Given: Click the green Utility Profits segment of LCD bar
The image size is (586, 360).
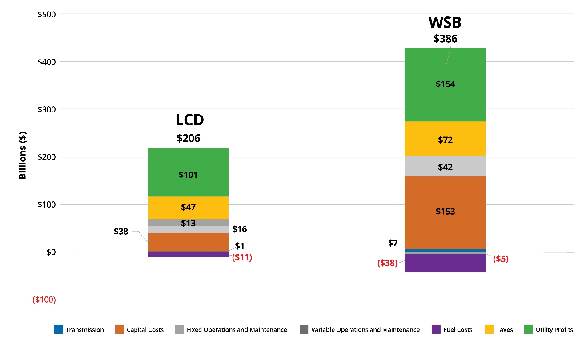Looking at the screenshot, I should pyautogui.click(x=188, y=172).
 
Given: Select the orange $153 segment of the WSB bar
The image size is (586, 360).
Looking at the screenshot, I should pyautogui.click(x=445, y=212).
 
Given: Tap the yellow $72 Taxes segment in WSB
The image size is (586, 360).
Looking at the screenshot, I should pyautogui.click(x=445, y=140).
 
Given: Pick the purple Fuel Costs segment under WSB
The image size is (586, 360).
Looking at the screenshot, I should pyautogui.click(x=445, y=263).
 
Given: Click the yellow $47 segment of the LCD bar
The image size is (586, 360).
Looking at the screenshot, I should pyautogui.click(x=188, y=207).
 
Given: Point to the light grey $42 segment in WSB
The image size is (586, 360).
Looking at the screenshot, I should pyautogui.click(x=445, y=167).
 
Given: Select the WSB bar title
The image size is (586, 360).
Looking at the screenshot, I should pyautogui.click(x=445, y=22).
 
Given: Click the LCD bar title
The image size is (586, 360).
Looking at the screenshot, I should pyautogui.click(x=189, y=120).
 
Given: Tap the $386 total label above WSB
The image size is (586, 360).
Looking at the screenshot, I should pyautogui.click(x=445, y=39).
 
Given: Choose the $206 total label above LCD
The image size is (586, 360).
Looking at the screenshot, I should pyautogui.click(x=189, y=138).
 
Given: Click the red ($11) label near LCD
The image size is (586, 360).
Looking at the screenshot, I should pyautogui.click(x=242, y=257).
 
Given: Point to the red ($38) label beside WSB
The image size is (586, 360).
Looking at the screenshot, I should pyautogui.click(x=387, y=263).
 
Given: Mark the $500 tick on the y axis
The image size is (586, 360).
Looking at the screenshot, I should pyautogui.click(x=47, y=14).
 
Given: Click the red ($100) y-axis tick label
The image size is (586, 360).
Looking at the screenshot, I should pyautogui.click(x=44, y=300).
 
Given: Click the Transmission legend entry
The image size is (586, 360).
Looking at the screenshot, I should pyautogui.click(x=80, y=330).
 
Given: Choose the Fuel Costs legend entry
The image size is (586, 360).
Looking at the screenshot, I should pyautogui.click(x=452, y=330).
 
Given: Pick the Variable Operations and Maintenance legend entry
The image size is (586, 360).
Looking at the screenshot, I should pyautogui.click(x=360, y=330).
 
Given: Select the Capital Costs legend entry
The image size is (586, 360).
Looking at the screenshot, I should pyautogui.click(x=140, y=330).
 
